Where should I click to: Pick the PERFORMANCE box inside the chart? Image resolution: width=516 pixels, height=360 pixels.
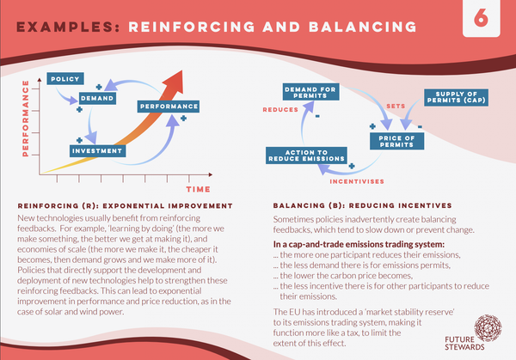coord(161,107)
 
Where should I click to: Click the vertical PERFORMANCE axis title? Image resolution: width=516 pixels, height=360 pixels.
coord(37,118)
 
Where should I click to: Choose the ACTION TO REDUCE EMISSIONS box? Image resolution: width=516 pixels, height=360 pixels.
coord(305,155)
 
